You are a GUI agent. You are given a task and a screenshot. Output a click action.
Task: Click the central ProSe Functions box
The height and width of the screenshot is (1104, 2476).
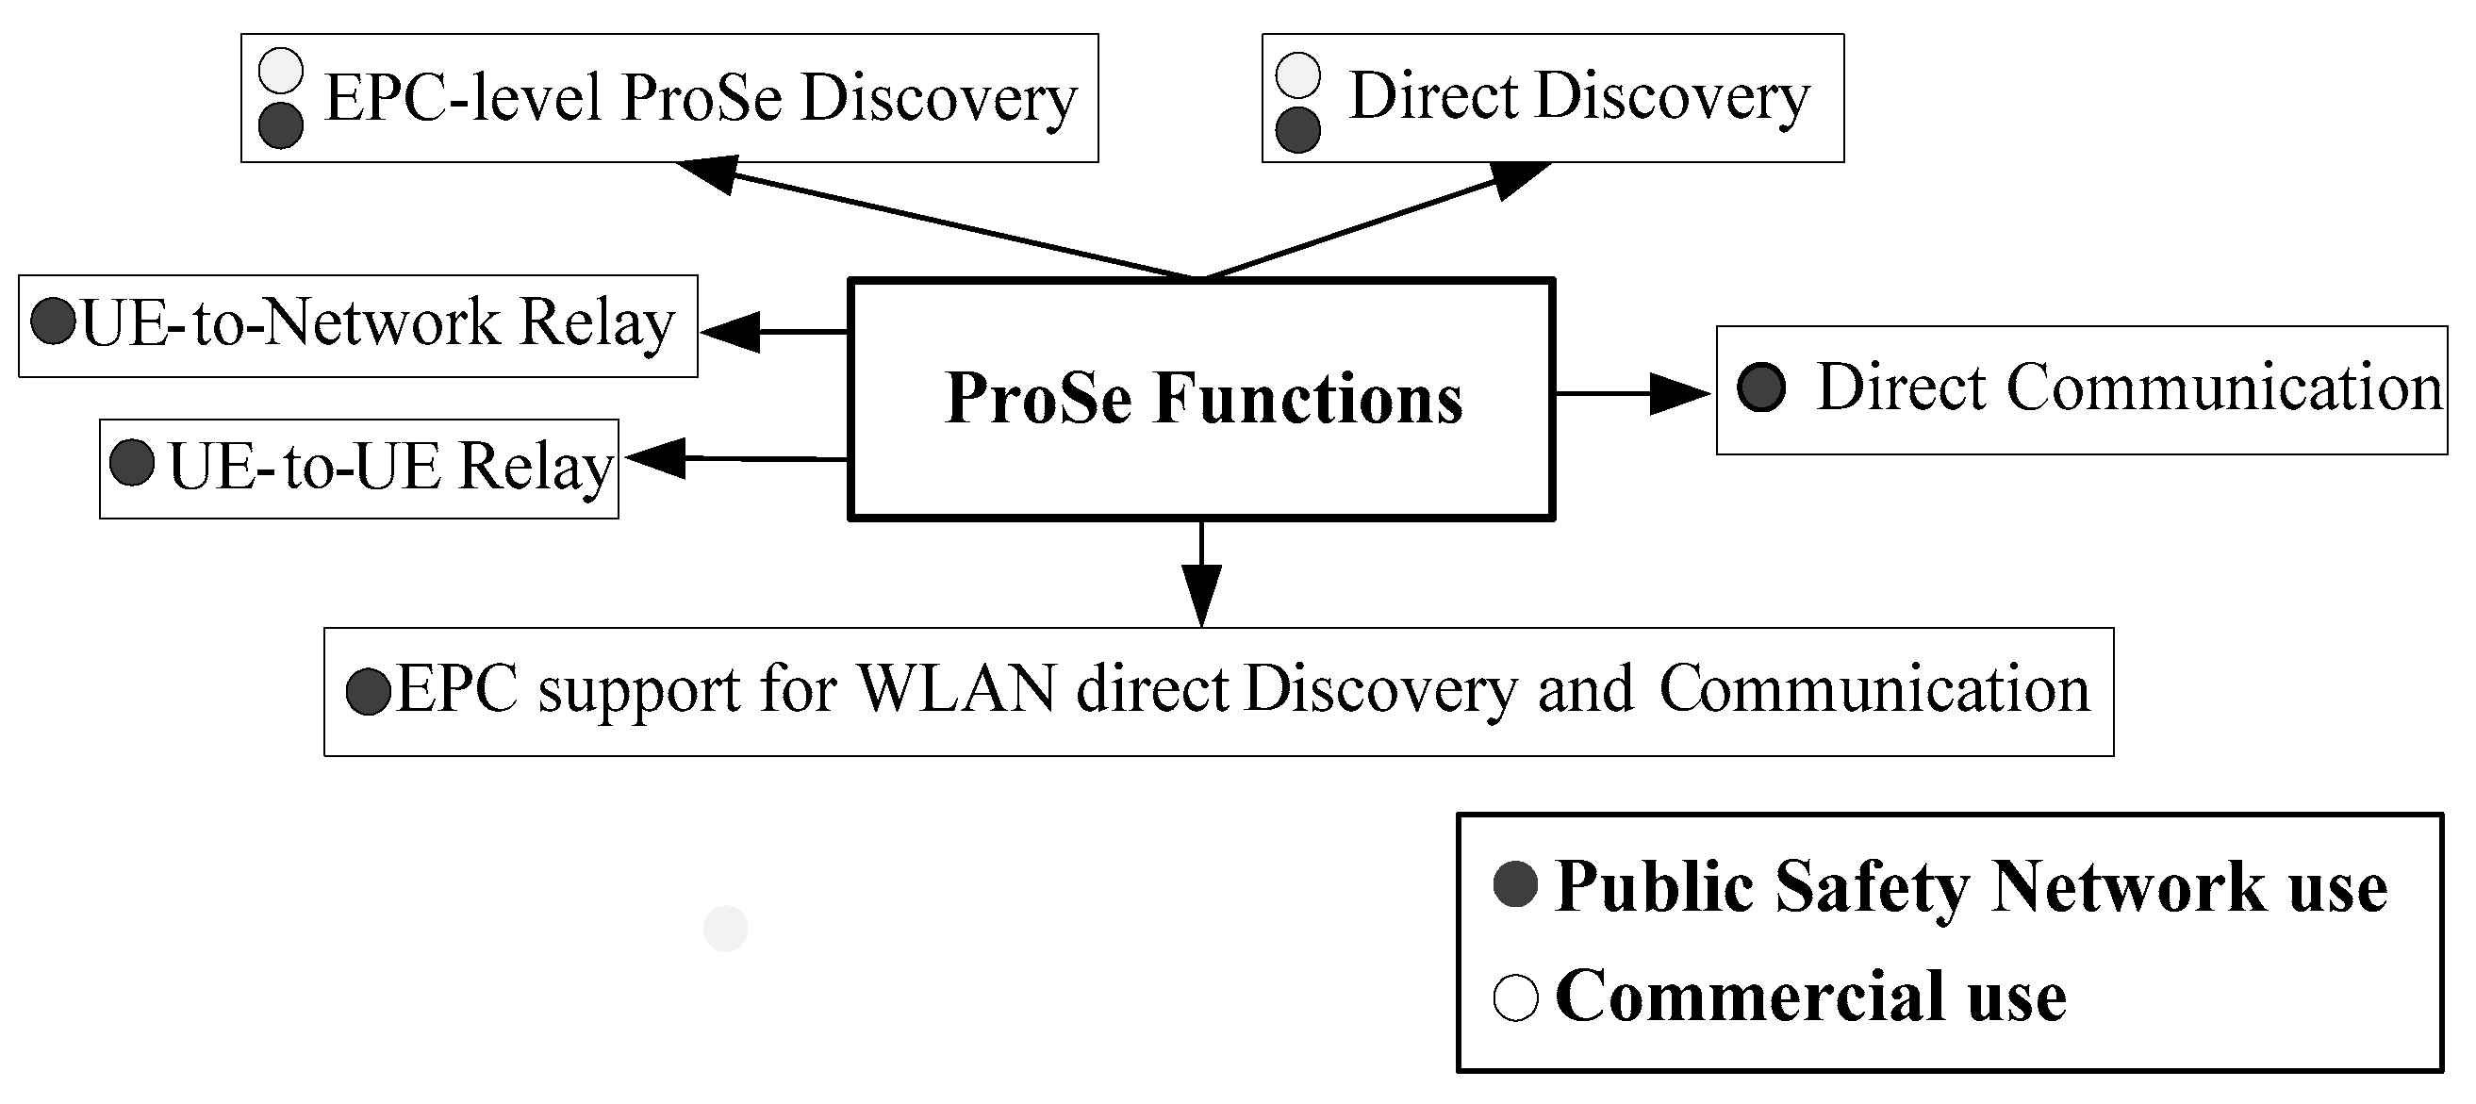coord(1201,399)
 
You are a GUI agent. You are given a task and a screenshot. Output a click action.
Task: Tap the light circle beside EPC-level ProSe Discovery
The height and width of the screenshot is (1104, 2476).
coord(281,71)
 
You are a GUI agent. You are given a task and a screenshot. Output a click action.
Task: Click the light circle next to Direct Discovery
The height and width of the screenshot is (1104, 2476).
coord(1297,74)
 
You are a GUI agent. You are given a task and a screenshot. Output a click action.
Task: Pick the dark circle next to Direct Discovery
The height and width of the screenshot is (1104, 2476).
coord(1297,130)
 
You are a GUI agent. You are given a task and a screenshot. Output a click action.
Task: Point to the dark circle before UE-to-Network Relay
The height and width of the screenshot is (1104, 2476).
coord(53,321)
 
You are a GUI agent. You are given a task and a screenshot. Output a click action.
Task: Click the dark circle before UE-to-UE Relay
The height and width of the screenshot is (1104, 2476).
coord(132,462)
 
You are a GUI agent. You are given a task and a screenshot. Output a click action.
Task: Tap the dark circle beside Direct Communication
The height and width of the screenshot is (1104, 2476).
coord(1761,388)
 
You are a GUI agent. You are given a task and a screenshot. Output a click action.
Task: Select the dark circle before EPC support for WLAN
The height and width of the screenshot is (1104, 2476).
coord(368,692)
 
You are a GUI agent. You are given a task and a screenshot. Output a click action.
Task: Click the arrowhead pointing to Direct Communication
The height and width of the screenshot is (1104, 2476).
coord(1680,393)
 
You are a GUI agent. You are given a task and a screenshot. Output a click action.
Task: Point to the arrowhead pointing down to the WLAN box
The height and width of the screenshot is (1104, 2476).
coord(1201,596)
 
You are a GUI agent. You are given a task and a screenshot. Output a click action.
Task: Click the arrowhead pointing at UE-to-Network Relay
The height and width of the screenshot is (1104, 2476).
coord(731,333)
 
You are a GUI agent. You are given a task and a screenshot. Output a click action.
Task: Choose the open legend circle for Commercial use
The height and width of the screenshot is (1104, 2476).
coord(1516,997)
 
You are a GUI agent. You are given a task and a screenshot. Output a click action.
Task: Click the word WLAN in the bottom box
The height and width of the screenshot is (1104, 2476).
coord(955,689)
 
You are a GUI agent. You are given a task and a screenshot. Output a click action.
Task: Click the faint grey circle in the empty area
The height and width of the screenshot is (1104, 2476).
coord(725,928)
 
